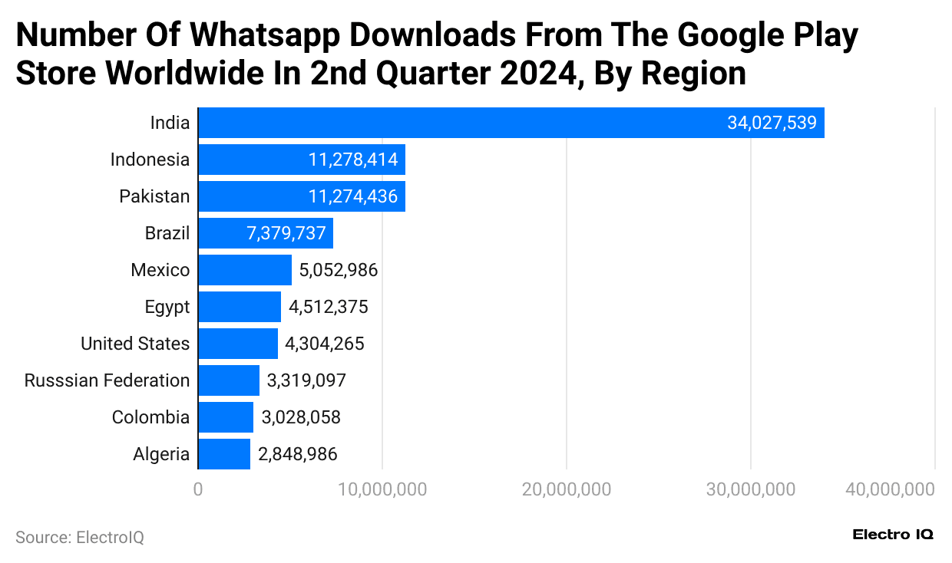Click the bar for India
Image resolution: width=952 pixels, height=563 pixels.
tap(511, 123)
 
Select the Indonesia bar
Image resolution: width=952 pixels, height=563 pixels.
tap(301, 160)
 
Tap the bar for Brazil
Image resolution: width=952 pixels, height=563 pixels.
tap(265, 233)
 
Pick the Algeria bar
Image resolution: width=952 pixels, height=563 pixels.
tap(224, 454)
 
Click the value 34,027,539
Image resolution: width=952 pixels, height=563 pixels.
tap(772, 123)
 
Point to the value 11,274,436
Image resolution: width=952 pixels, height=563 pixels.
tap(353, 196)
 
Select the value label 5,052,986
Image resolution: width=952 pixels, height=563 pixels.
tap(339, 270)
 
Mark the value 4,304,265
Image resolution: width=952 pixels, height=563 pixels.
tap(324, 344)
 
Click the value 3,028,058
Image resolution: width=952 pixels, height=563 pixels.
tap(301, 417)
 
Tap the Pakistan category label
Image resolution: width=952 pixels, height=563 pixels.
tap(154, 196)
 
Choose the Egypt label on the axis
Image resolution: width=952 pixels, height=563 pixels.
tap(167, 307)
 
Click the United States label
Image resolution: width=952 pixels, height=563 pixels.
tap(135, 344)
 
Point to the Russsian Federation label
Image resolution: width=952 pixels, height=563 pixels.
tap(107, 380)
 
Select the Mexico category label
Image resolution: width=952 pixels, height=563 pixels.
tap(160, 270)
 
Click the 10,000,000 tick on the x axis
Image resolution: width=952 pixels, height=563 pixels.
tap(382, 489)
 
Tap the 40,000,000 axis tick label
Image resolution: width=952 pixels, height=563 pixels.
tap(890, 489)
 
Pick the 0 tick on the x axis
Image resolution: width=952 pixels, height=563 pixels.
tap(198, 489)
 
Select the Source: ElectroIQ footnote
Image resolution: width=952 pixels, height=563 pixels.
tap(79, 538)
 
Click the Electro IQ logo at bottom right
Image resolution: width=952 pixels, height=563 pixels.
tap(893, 535)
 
